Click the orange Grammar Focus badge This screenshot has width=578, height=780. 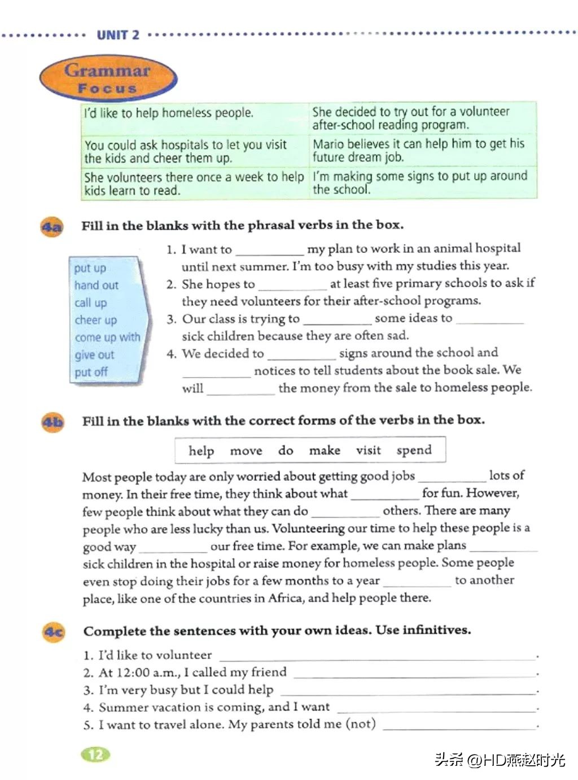pyautogui.click(x=108, y=78)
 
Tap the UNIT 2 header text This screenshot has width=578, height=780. pyautogui.click(x=117, y=35)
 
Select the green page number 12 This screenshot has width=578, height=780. pyautogui.click(x=96, y=754)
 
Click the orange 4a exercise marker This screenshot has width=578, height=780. pyautogui.click(x=52, y=227)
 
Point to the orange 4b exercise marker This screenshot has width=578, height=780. pyautogui.click(x=53, y=422)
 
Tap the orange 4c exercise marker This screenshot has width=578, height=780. pyautogui.click(x=54, y=632)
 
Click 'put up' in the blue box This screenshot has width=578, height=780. pyautogui.click(x=90, y=268)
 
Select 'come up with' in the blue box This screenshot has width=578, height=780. pyautogui.click(x=107, y=338)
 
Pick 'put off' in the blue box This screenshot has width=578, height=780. pyautogui.click(x=91, y=373)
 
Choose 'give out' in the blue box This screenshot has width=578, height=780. pyautogui.click(x=94, y=355)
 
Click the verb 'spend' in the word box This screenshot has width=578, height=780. pyautogui.click(x=414, y=450)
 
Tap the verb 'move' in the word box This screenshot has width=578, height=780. pyautogui.click(x=246, y=451)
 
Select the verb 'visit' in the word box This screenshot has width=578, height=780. pyautogui.click(x=368, y=450)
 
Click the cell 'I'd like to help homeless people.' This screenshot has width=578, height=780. pyautogui.click(x=169, y=113)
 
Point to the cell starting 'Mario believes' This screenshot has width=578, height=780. pyautogui.click(x=418, y=150)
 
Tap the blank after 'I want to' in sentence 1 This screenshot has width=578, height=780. pyautogui.click(x=269, y=250)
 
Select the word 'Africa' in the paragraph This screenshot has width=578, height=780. pyautogui.click(x=287, y=598)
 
